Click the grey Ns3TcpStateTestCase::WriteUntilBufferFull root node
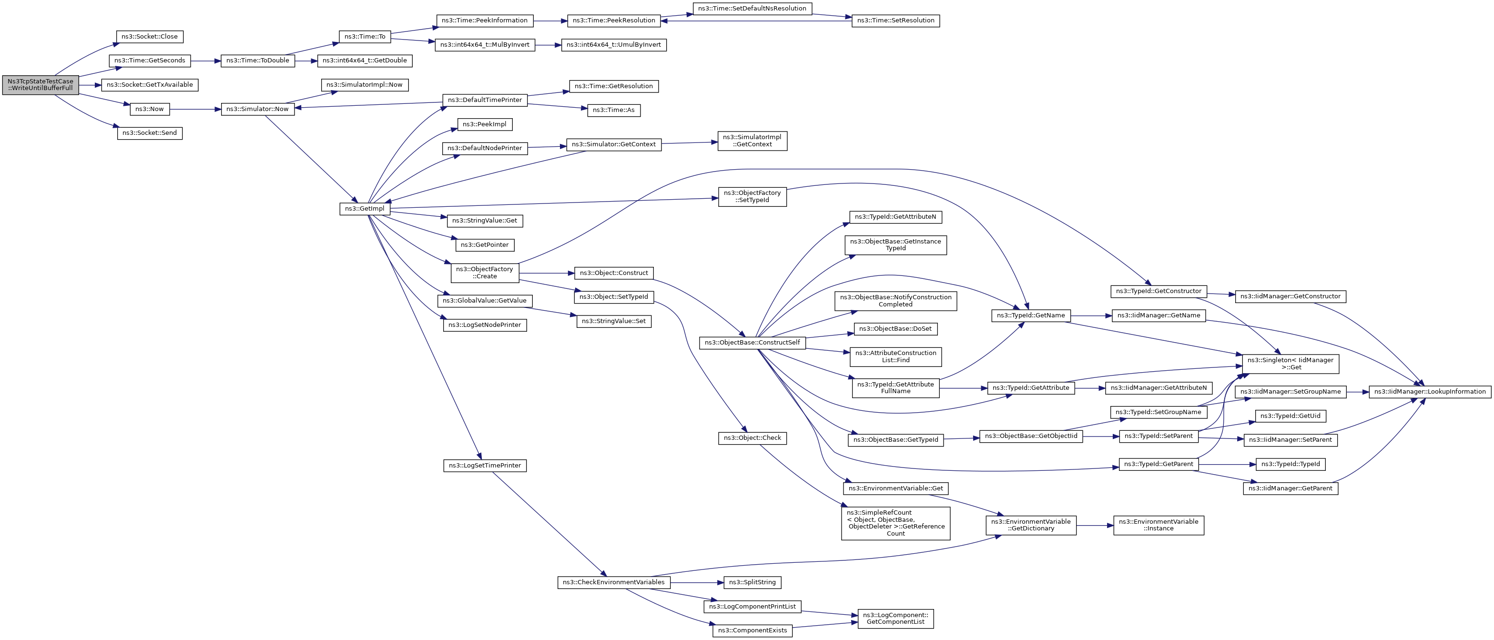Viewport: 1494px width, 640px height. coord(41,85)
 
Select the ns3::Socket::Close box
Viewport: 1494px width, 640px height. coord(150,37)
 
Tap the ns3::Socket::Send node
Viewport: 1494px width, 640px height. coord(150,133)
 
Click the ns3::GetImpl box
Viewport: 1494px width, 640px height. coord(365,209)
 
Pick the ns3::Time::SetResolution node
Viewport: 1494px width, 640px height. coord(895,21)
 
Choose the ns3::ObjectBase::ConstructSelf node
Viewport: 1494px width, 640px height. coord(752,343)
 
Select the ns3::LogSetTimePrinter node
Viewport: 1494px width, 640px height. coord(485,466)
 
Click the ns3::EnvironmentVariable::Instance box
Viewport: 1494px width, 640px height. coord(1158,525)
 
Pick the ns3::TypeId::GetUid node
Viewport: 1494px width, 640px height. coord(1291,416)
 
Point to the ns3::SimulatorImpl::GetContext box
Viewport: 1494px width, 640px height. coord(752,141)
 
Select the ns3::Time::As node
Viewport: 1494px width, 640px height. coord(614,110)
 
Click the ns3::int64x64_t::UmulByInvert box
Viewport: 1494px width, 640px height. coord(614,45)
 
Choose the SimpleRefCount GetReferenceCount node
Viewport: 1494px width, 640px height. coord(895,523)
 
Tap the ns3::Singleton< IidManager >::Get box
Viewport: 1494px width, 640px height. coord(1291,364)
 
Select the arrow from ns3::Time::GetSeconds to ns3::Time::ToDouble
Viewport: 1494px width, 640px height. coord(205,61)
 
